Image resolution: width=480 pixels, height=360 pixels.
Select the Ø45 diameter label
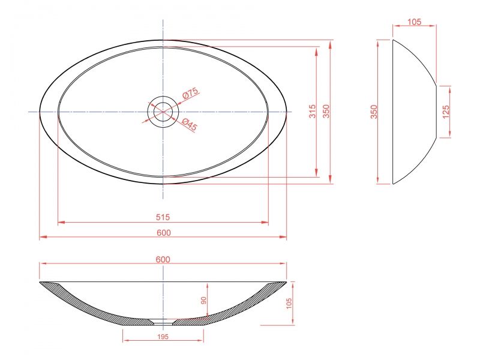coord(190,125)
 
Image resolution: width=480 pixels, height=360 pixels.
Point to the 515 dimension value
coord(163,217)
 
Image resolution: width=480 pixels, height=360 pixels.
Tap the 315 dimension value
coord(312,112)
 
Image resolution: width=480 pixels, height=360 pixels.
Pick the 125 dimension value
coord(446,112)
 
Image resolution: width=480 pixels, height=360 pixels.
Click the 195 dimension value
coord(163,337)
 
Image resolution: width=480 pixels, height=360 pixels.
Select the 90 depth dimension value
coord(204,301)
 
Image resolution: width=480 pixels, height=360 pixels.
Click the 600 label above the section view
coord(163,259)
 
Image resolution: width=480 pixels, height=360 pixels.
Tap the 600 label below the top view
coord(164,233)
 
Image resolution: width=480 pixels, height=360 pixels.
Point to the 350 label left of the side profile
coord(374,112)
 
